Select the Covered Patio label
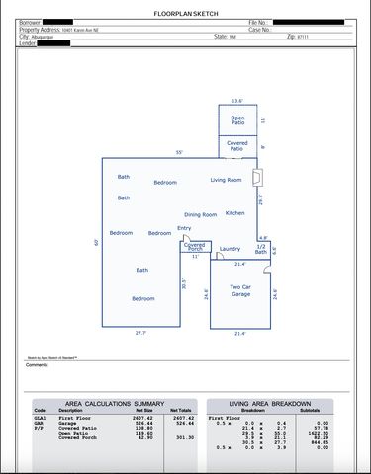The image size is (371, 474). coord(237,146)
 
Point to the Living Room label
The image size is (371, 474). coord(226,180)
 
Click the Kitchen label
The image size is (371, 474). coord(234,213)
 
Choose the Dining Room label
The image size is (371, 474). coord(200,214)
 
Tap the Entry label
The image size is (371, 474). coord(184,228)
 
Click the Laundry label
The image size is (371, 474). coord(230,249)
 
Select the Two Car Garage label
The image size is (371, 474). coord(240,290)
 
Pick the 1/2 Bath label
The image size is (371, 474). coord(260,249)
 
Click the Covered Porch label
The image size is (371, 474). coord(195,247)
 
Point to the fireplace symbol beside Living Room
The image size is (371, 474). coord(258,179)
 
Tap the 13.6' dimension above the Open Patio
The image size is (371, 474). coord(237,101)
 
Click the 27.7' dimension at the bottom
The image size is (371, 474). coord(141,333)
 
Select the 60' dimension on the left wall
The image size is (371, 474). coord(97,242)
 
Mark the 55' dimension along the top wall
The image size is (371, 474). coord(179,153)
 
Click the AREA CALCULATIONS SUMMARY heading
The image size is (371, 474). coord(115,404)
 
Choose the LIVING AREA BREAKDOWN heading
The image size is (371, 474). coord(270,404)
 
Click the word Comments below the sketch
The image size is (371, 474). coord(37,364)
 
